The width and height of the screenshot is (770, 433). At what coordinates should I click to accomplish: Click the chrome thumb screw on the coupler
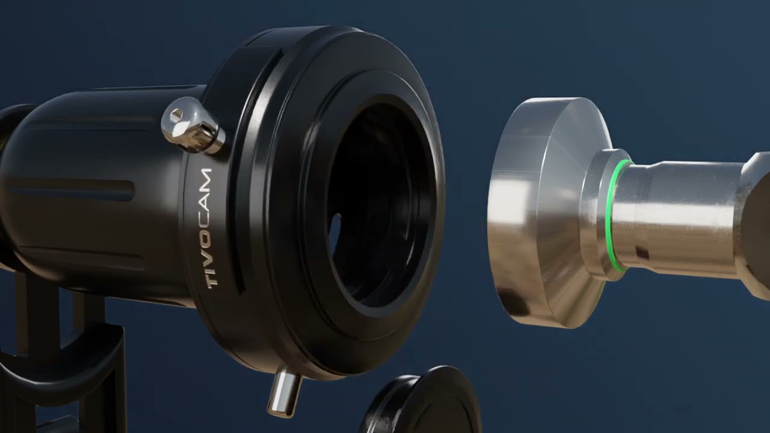pyautogui.click(x=193, y=125)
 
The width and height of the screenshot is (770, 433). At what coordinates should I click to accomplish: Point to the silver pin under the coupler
pyautogui.click(x=284, y=391)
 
